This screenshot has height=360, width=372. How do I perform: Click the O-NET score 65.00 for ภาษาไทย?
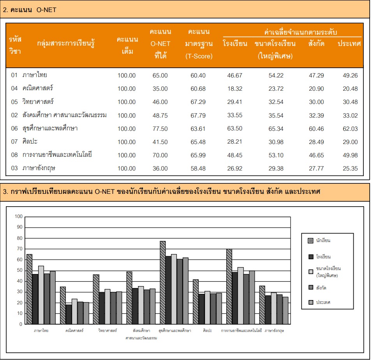[x=160, y=76]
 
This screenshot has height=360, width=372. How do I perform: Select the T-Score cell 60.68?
[x=198, y=89]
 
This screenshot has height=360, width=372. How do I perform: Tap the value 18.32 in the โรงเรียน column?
[x=234, y=89]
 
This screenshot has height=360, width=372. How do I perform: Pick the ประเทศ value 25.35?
[x=350, y=168]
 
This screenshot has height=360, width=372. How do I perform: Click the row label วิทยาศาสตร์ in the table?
[x=38, y=102]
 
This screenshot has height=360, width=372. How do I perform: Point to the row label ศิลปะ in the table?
[x=30, y=141]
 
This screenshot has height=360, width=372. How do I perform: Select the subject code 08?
[x=14, y=155]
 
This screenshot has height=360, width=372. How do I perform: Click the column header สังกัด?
[x=316, y=43]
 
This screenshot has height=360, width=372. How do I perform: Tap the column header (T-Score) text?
[x=199, y=56]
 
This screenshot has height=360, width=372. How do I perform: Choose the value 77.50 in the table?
[x=160, y=129]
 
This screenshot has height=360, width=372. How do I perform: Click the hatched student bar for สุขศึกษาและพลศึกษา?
[x=163, y=283]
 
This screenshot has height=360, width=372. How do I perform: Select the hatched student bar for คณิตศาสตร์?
[x=63, y=305]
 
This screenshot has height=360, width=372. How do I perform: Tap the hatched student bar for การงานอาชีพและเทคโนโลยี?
[x=229, y=286]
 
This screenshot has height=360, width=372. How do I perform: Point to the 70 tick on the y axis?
[x=20, y=249]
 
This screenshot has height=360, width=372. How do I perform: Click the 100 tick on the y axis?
[x=19, y=216]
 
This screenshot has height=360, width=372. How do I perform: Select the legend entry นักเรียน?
[x=319, y=241]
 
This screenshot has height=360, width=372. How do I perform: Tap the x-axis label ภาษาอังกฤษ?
[x=274, y=330]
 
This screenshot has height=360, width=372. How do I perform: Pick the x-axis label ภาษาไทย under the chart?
[x=41, y=330]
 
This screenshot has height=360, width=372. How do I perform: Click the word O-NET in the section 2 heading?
[x=46, y=10]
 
